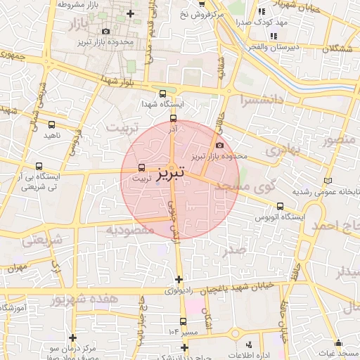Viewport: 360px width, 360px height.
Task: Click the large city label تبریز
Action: point(171,172)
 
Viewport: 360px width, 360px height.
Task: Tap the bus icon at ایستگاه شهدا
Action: point(163,93)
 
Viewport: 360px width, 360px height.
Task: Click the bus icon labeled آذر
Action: point(174,118)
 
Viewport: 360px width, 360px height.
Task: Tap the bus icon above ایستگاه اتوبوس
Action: point(281,207)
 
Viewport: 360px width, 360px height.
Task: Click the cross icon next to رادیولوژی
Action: point(179,279)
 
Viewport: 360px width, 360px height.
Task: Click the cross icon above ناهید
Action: point(50,123)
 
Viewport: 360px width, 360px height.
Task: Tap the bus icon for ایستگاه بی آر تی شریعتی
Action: point(39,167)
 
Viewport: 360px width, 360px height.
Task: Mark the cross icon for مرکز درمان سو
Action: point(72,337)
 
